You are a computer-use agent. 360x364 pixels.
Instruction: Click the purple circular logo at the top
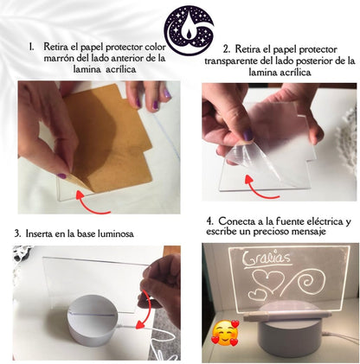(180, 25)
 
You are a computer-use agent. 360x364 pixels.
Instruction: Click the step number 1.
(31, 46)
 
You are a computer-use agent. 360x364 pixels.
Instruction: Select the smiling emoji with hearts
(222, 332)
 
